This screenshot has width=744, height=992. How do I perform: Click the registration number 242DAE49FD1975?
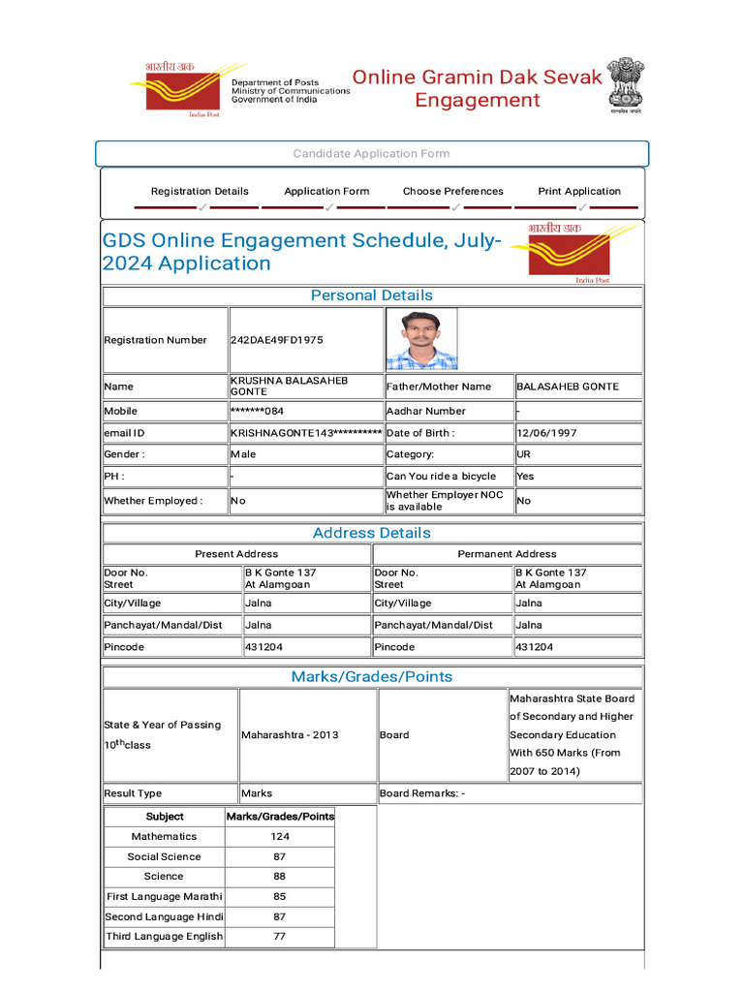point(277,340)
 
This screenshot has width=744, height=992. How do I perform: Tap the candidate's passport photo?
point(421,339)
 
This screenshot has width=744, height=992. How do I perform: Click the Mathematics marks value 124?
point(280,836)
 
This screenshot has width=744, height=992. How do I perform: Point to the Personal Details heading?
point(372,295)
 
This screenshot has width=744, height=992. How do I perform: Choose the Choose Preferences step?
point(453,191)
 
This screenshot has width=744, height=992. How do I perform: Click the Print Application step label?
point(579,191)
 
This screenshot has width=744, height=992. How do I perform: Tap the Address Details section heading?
point(372,533)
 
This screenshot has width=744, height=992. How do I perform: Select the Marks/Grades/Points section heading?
point(372,676)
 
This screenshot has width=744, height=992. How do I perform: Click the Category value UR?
point(524,454)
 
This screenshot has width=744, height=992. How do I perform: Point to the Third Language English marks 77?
point(280,936)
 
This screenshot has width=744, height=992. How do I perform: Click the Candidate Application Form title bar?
point(372,154)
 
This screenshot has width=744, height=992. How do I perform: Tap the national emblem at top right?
point(626,85)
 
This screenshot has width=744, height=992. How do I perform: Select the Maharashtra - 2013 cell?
point(291,734)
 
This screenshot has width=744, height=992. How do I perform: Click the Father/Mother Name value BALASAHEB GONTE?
point(568,387)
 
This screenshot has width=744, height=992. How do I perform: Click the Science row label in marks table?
point(164,876)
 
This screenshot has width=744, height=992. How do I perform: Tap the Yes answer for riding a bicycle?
point(526,477)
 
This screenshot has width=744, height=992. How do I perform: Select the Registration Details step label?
point(200,191)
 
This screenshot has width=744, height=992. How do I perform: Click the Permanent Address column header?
point(508,554)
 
